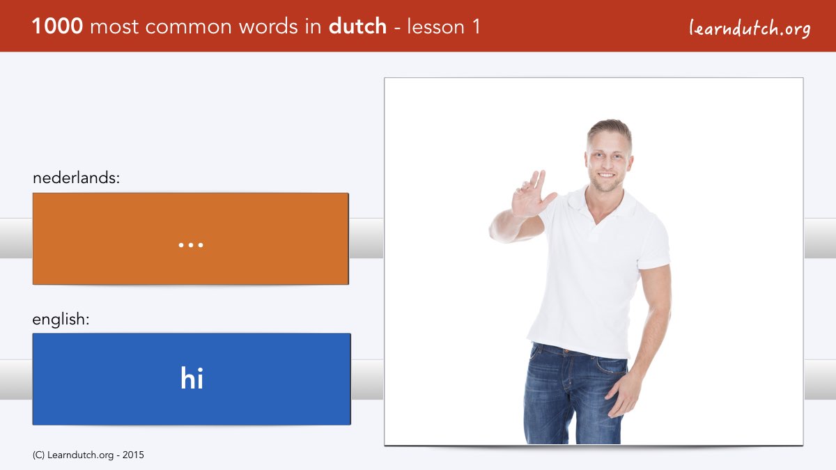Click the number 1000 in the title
click(x=57, y=26)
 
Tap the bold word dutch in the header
click(x=357, y=26)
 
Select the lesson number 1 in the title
click(x=476, y=27)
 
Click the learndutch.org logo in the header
click(x=750, y=29)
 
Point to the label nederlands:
click(x=76, y=178)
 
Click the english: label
click(x=61, y=320)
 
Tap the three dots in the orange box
click(x=191, y=245)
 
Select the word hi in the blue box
click(x=192, y=378)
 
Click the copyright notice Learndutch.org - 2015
click(x=88, y=455)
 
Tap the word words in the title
click(x=268, y=26)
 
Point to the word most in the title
click(x=114, y=27)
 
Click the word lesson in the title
click(x=436, y=26)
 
